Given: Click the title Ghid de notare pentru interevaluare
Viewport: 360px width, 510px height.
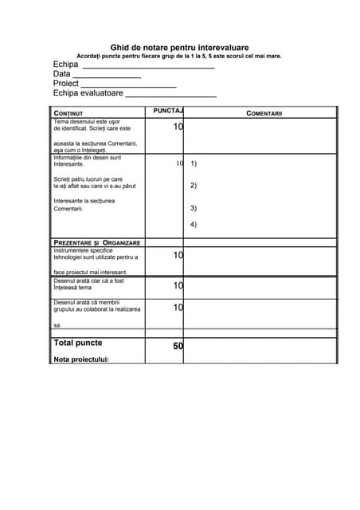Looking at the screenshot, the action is coord(179,48).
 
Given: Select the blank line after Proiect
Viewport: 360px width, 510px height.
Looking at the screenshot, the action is coord(128,85).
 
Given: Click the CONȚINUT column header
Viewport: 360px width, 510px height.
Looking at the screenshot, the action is coord(68,113).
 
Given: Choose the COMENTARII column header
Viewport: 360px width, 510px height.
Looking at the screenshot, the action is coord(264,113).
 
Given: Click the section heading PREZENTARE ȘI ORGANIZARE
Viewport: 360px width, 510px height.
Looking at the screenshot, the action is coord(96,242).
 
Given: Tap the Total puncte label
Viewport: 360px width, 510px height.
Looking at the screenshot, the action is coord(77,343).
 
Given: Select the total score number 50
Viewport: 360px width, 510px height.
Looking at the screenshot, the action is coord(178,346).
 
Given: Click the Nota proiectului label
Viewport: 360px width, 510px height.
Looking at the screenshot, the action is coord(80,359).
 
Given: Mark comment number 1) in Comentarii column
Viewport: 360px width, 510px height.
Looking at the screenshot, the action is coord(194,163).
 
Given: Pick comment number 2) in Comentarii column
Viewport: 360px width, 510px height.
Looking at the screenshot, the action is coord(194,186).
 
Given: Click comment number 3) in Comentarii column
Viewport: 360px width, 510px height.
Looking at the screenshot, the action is coord(194,208).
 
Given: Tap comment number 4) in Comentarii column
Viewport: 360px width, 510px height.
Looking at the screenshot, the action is coord(194,224).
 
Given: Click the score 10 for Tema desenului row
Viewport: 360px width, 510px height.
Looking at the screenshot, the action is coord(178,127).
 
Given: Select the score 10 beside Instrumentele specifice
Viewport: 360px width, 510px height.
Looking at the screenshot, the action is coord(178,255).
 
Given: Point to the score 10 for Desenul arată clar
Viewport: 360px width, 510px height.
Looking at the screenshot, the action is coord(178,284).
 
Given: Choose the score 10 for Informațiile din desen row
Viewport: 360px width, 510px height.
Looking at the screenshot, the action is coord(180,163).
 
